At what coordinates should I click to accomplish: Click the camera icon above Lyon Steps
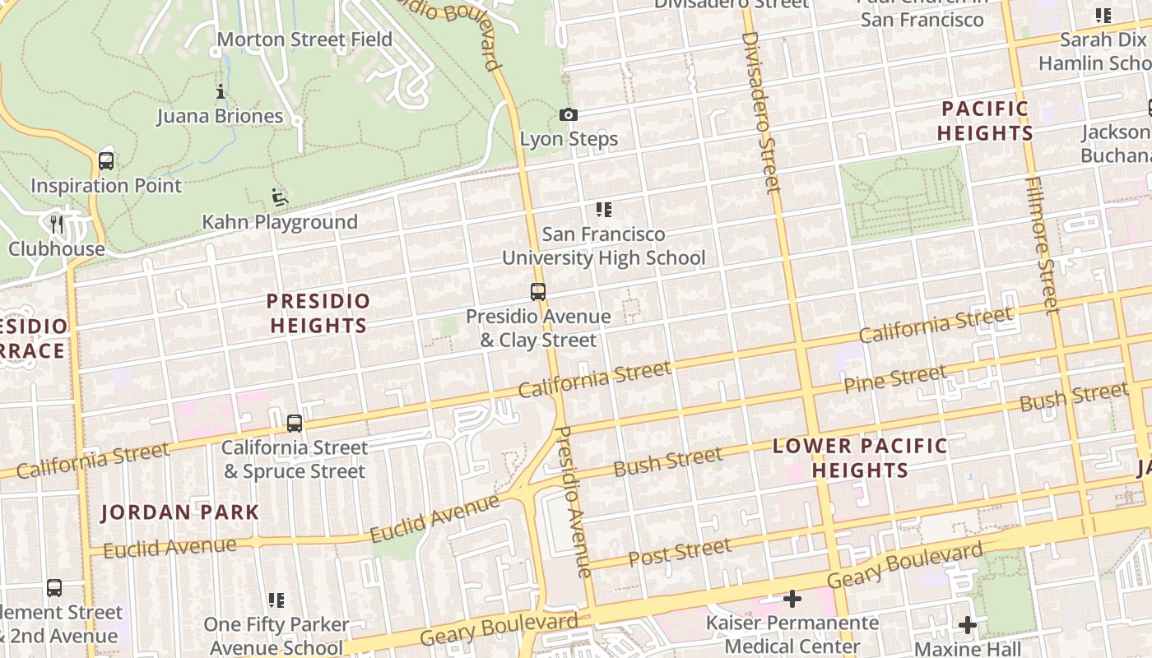coord(568,115)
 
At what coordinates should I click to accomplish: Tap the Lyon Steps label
coord(569,139)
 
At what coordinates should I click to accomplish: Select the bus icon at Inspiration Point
coord(106,161)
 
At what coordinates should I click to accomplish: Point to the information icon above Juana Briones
coord(221,92)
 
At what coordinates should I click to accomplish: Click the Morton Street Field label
coord(304,39)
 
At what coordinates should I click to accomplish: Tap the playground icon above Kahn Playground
coord(280,198)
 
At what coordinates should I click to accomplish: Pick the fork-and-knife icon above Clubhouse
coord(56,224)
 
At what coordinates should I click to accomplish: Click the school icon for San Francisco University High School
coord(604,210)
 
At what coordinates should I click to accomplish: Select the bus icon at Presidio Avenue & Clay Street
coord(538,292)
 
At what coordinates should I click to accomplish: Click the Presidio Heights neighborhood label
coord(318,313)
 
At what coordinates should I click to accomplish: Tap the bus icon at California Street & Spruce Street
coord(295,424)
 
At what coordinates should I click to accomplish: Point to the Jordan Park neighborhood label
coord(180,512)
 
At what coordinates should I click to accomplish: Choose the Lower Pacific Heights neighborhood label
coord(860,458)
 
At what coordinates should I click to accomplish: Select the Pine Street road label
coord(895,380)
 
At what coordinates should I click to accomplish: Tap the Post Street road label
coord(679,553)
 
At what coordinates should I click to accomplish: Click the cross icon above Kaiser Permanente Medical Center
coord(792,599)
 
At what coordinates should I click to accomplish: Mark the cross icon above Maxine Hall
coord(968,625)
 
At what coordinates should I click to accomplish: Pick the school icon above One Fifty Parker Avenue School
coord(276,600)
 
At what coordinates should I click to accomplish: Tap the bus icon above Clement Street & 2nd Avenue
coord(54,588)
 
